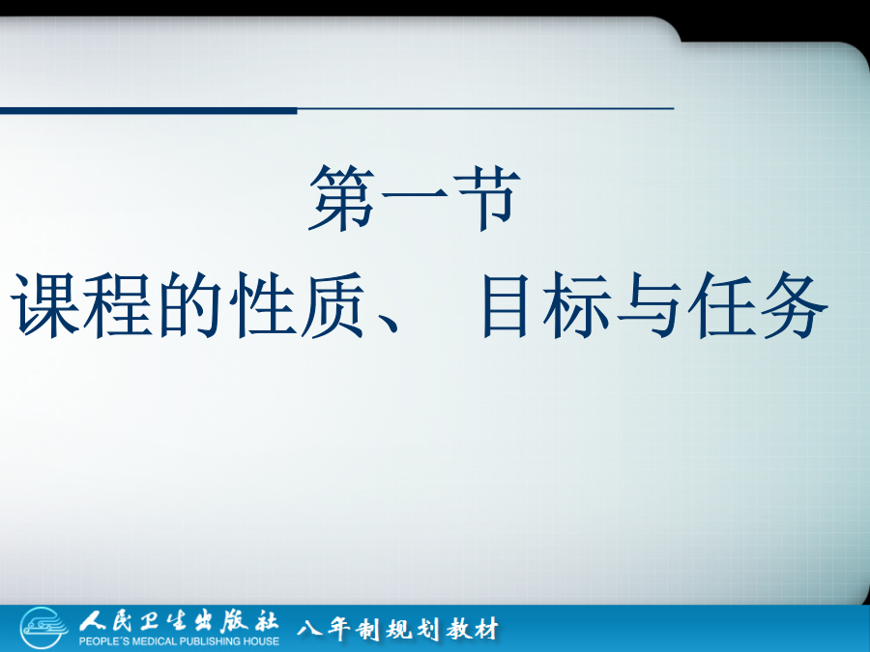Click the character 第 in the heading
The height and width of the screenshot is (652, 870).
342,198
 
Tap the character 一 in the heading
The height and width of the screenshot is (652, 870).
415,194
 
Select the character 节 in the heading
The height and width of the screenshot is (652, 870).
487,198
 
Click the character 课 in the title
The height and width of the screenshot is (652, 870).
45,305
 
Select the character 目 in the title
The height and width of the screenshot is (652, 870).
505,305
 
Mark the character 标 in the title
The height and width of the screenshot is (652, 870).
577,305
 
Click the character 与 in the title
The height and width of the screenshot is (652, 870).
650,305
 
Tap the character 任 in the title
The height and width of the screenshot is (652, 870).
721,305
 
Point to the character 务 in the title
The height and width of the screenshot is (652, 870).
795,305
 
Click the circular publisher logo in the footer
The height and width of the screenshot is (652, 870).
43,628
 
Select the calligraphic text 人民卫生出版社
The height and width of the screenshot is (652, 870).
178,622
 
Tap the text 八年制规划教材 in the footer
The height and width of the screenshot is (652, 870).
397,629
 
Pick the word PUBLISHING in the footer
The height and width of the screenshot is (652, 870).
207,641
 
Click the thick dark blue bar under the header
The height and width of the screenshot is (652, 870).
148,111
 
